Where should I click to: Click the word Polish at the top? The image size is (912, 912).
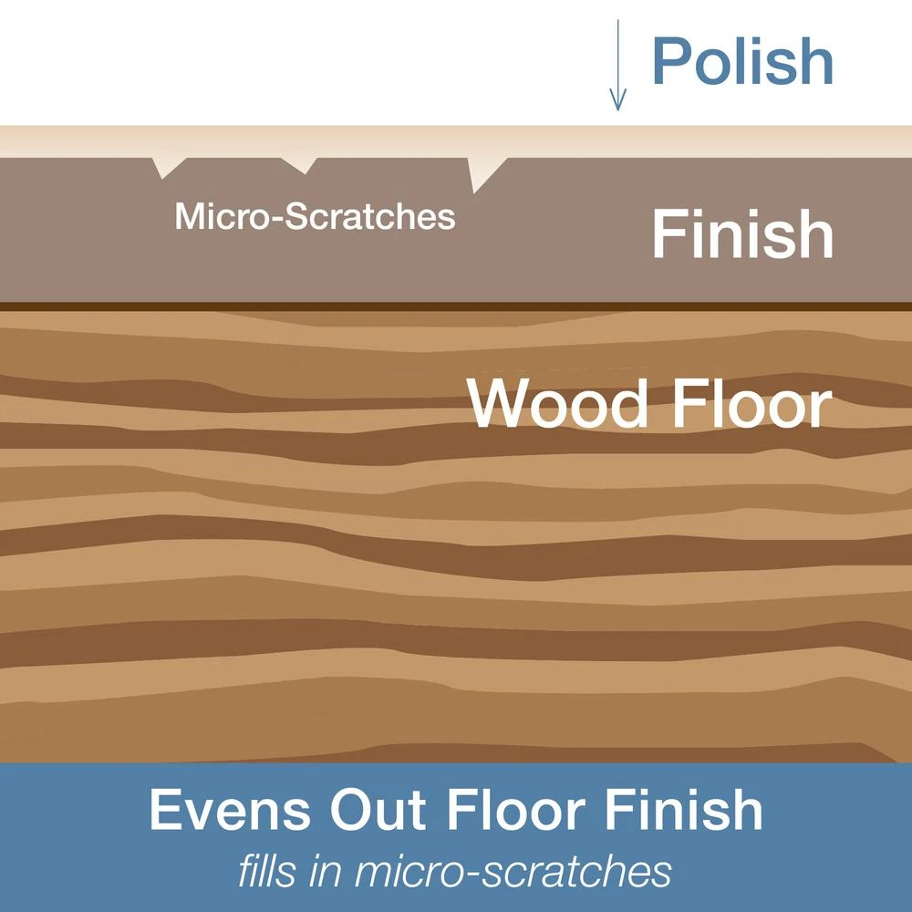coord(742,61)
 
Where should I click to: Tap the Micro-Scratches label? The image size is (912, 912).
coord(315,217)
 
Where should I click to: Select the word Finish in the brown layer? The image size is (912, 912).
coord(742,234)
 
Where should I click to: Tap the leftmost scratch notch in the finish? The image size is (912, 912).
coord(167,167)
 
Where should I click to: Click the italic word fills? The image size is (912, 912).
coord(266,872)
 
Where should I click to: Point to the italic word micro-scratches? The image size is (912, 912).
coord(513,872)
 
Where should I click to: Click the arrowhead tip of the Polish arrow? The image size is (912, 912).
coord(617,108)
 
